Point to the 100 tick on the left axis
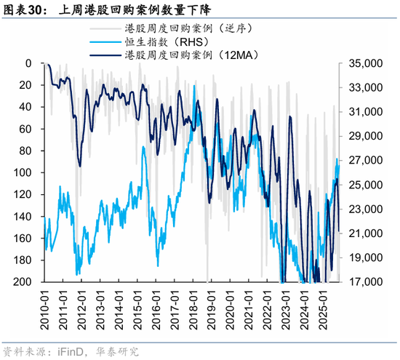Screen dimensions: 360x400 coord(31,172)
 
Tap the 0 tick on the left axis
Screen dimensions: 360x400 coord(36,63)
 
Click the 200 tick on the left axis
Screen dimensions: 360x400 coord(31,282)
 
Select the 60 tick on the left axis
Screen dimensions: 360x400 coord(33,129)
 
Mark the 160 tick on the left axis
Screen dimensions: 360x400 coord(31,239)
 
